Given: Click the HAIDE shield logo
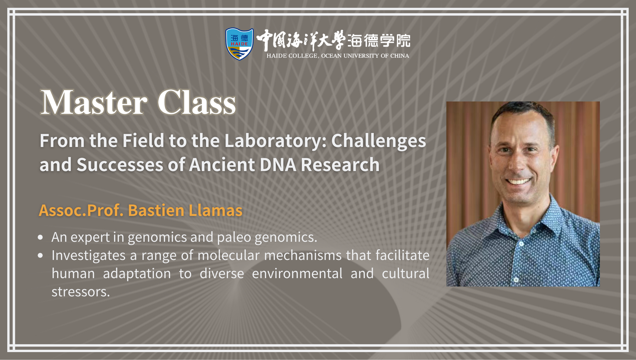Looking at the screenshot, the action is click(239, 44).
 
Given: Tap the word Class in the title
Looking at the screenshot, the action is click(196, 102).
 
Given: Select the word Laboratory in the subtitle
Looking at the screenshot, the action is click(276, 141).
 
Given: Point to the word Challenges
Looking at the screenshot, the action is click(378, 141).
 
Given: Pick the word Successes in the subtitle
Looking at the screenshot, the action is click(120, 164).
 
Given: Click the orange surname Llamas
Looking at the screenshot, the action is click(215, 210).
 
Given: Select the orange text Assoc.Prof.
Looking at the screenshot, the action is click(81, 210).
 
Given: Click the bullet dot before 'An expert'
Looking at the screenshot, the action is click(41, 237).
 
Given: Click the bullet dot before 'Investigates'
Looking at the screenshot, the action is click(41, 255).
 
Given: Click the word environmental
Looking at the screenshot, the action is click(297, 273).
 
